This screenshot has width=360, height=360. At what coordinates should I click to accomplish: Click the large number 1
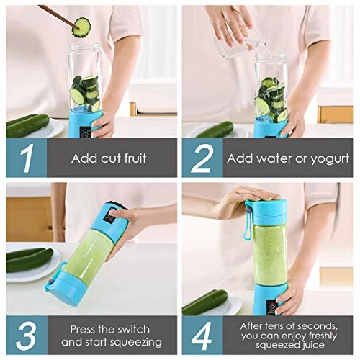[26, 158]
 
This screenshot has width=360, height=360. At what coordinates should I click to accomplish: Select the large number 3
[26, 335]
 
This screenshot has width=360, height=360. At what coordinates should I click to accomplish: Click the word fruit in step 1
[130, 158]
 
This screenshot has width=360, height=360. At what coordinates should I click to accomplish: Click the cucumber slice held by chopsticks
[82, 26]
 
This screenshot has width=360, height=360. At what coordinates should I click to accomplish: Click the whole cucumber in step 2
[215, 130]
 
